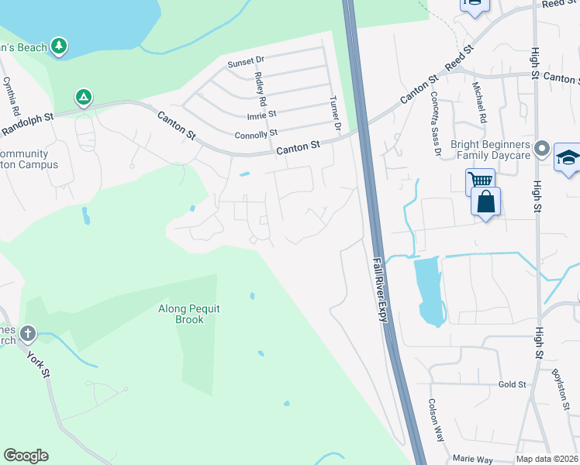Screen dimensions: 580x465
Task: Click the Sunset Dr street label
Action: click(x=246, y=60)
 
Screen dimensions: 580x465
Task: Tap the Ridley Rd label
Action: click(x=261, y=89)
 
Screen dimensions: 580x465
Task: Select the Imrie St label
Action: click(x=262, y=115)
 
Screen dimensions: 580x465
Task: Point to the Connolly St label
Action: click(x=255, y=134)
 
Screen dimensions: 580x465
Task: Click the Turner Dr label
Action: click(x=336, y=113)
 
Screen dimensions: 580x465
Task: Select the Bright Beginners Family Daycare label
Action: click(x=489, y=150)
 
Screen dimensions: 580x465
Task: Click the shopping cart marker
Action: click(x=480, y=181)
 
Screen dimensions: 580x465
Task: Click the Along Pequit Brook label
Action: click(x=189, y=314)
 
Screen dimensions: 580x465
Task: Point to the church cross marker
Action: click(x=28, y=334)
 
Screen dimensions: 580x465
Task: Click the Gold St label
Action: click(x=512, y=384)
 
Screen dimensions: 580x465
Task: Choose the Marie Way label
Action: click(x=472, y=460)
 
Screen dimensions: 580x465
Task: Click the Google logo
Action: click(x=26, y=456)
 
